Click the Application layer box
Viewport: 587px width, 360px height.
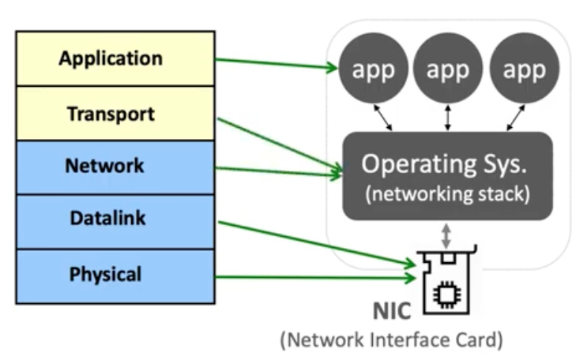pyautogui.click(x=115, y=58)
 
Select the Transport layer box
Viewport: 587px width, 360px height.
pyautogui.click(x=115, y=114)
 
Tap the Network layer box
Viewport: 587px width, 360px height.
pyautogui.click(x=115, y=167)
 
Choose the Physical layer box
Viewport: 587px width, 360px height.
pyautogui.click(x=115, y=276)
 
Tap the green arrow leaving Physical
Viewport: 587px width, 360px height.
pyautogui.click(x=316, y=277)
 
